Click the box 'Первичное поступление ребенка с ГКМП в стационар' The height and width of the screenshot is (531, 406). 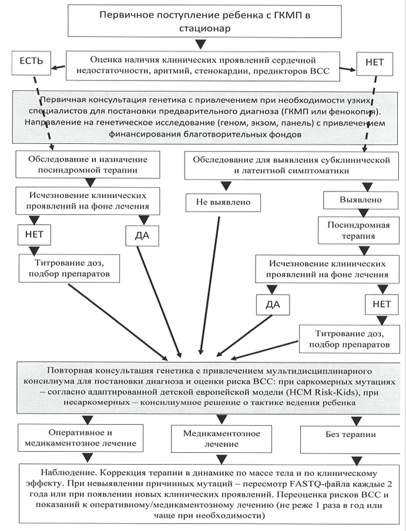204,21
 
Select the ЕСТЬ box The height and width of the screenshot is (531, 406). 32,63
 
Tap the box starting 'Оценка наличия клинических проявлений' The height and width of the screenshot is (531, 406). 203,66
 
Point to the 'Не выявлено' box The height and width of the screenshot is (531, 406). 223,203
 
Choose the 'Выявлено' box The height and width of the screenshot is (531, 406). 360,200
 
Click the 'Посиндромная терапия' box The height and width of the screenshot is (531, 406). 358,231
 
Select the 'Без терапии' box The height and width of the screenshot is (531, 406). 350,439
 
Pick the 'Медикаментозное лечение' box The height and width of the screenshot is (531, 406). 222,439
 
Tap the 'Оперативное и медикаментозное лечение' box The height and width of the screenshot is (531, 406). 80,438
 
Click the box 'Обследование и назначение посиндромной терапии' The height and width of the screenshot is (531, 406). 88,164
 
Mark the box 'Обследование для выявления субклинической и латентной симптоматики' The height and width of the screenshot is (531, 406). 291,165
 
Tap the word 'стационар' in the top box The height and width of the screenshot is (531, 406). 204,28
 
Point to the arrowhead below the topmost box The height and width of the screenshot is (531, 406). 200,44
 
